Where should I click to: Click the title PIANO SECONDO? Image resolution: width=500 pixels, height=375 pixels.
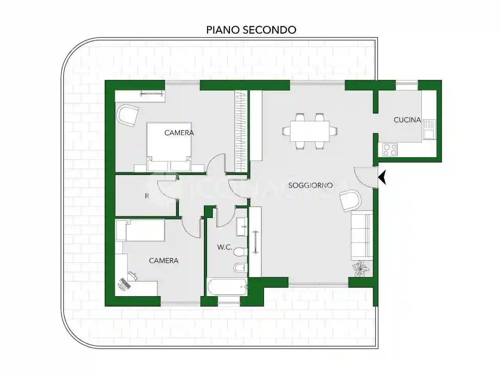point(251,30)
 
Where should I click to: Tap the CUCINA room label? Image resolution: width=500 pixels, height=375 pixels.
point(407,120)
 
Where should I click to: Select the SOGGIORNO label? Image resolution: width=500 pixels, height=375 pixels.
point(310,185)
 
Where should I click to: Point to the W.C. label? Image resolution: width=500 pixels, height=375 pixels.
point(225,247)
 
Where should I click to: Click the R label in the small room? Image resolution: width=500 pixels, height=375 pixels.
point(147,196)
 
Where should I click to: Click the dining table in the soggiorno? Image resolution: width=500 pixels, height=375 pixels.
point(309,131)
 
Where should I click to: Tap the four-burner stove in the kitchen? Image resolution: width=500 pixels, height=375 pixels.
point(389,150)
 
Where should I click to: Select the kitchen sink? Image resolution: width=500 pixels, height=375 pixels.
point(429,129)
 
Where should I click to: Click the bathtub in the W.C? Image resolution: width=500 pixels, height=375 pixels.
point(227,287)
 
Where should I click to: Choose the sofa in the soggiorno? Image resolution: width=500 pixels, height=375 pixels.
point(361,236)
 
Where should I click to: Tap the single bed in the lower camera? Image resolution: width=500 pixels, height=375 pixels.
point(141,230)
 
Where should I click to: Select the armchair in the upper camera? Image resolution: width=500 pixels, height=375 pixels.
point(127,116)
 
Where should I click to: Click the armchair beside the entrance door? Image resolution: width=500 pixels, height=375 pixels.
point(350,200)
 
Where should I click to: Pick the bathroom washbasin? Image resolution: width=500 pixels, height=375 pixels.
point(242,227)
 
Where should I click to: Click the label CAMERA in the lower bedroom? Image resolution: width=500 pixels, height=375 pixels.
point(164,261)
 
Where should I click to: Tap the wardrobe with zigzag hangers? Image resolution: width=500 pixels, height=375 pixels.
point(241,131)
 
